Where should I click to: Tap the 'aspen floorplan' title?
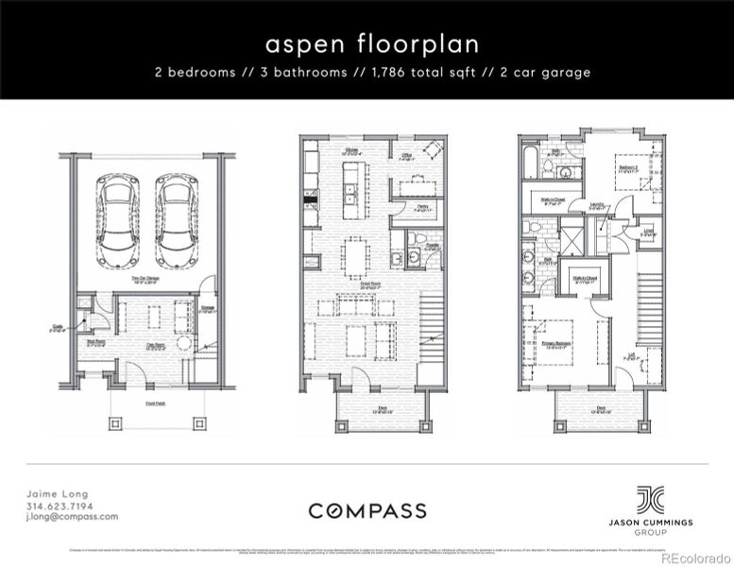pos(367,44)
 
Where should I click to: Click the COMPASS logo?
pos(367,511)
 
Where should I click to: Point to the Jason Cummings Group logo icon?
pos(649,499)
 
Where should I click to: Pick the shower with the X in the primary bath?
pos(572,234)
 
